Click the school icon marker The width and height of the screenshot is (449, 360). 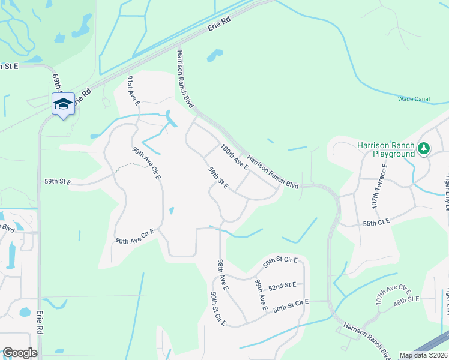[x=63, y=104]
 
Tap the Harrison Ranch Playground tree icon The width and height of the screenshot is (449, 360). [x=424, y=147]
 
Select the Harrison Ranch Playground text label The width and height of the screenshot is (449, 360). [x=385, y=149]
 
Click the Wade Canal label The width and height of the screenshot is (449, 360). [x=414, y=99]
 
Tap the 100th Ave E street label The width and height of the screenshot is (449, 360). [x=234, y=156]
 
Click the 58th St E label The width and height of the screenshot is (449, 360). [x=217, y=178]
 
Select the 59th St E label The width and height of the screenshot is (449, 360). [x=58, y=181]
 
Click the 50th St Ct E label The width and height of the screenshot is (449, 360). [x=217, y=309]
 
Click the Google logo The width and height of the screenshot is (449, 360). [x=19, y=353]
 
